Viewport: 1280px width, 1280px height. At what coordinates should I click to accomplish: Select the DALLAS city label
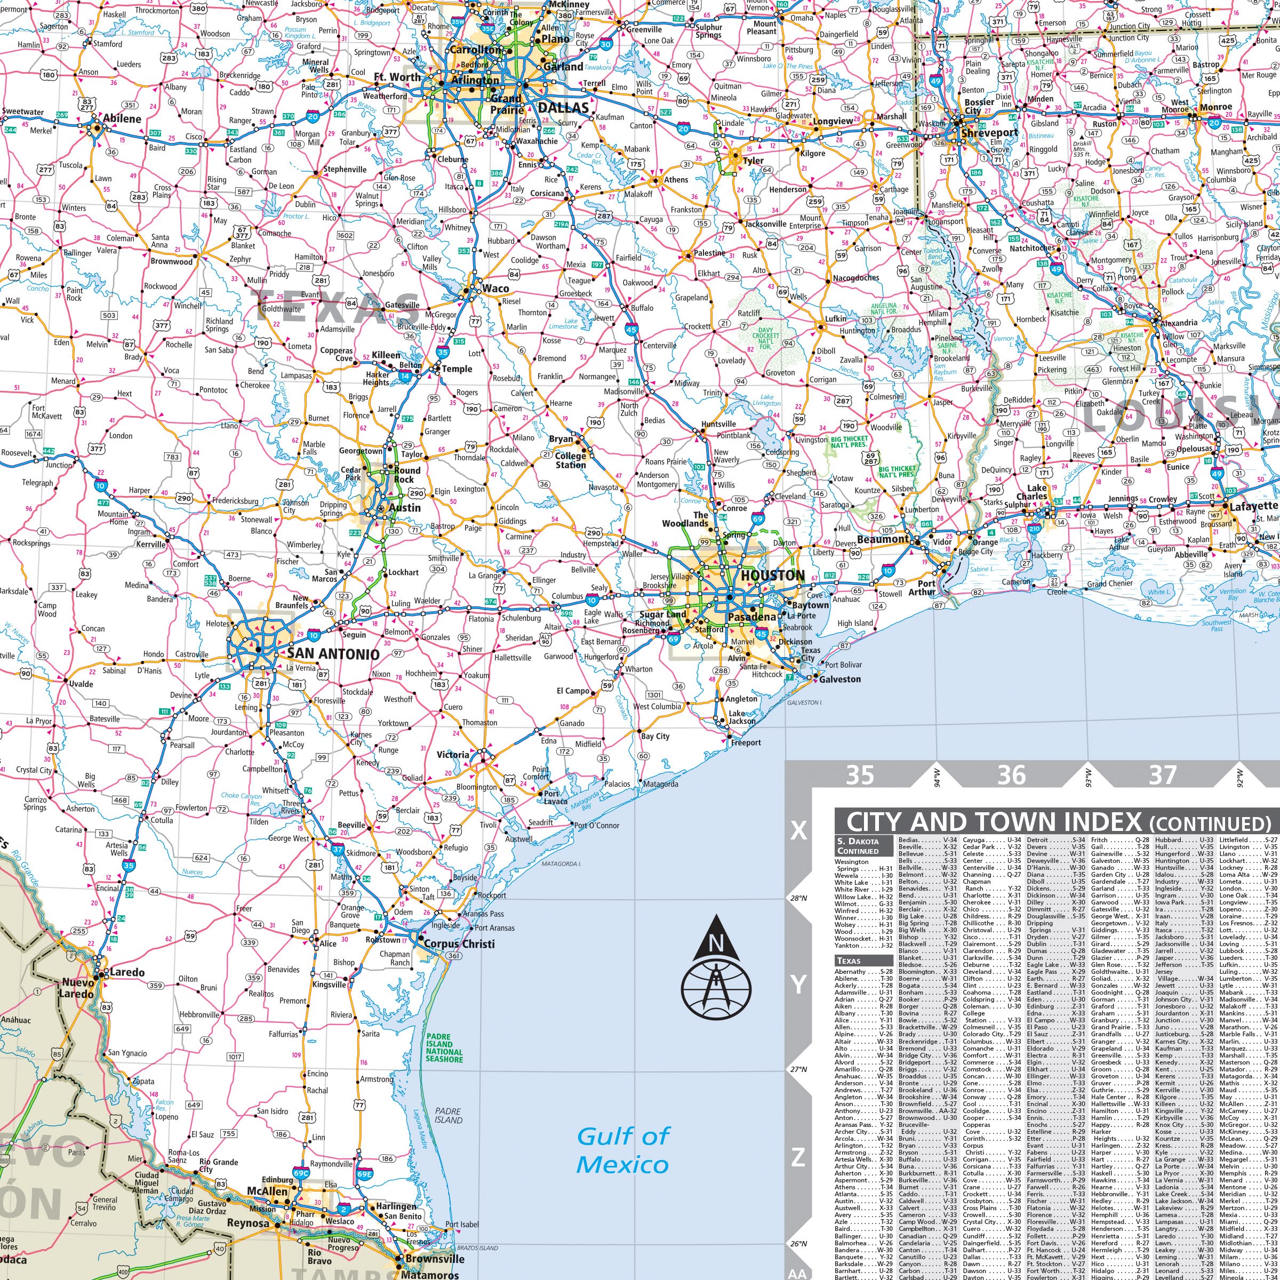(563, 107)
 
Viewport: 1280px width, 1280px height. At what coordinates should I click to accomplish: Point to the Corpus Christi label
(459, 943)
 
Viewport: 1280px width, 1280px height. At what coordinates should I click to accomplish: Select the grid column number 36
(1011, 774)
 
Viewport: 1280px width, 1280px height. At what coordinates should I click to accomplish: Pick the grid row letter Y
(798, 985)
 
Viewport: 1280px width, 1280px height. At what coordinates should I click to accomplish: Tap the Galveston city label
(840, 679)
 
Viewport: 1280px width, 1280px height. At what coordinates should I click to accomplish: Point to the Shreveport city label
(990, 132)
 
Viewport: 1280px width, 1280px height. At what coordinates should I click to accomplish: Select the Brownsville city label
(435, 1259)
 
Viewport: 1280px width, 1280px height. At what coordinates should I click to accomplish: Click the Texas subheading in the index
(849, 961)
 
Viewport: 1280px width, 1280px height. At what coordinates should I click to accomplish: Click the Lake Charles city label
(1031, 492)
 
